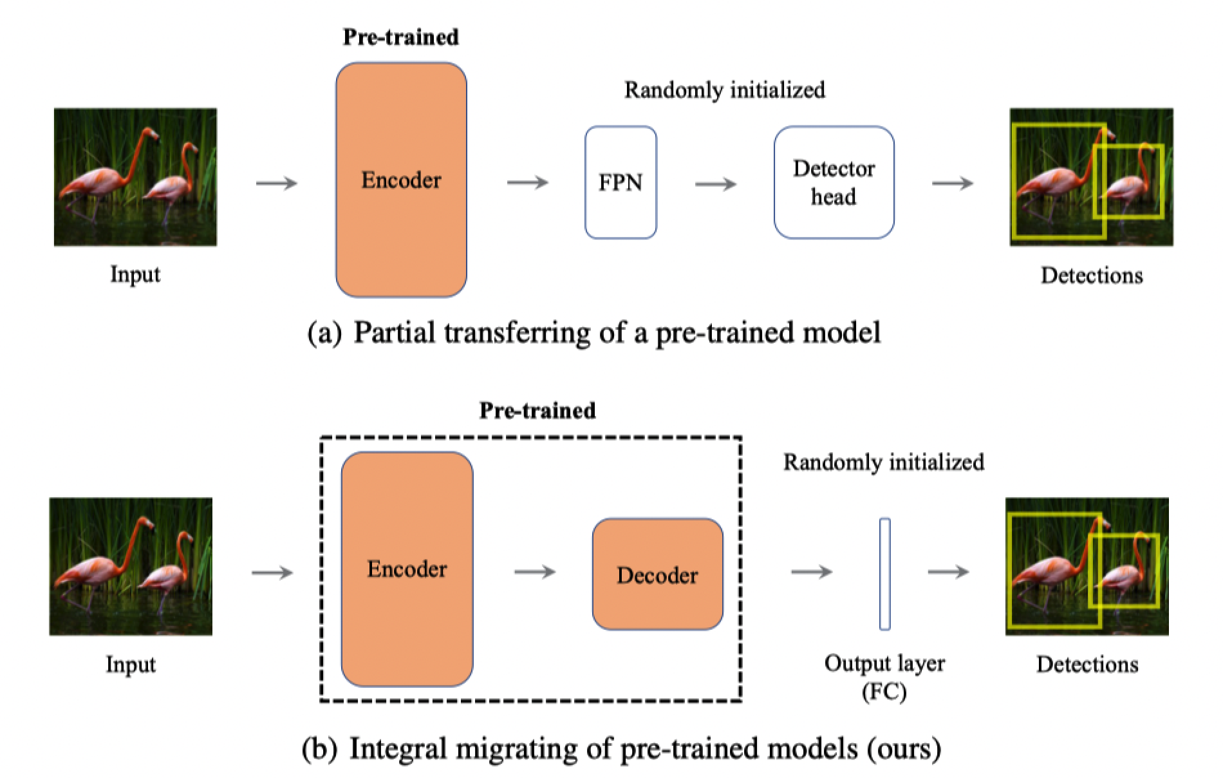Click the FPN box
621,182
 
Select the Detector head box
834,182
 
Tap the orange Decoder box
657,574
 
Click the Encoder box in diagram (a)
401,180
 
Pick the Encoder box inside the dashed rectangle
407,569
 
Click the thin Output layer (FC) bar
885,573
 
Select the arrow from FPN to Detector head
715,184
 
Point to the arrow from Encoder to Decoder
535,571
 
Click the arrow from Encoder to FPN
527,183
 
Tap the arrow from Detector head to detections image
953,184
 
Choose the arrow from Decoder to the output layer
811,571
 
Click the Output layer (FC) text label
884,677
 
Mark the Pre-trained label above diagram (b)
537,410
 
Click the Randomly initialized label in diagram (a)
725,90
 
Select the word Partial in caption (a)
395,333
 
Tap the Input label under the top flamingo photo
135,274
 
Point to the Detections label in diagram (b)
1087,664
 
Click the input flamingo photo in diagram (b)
131,566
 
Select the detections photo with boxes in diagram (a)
1091,177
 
